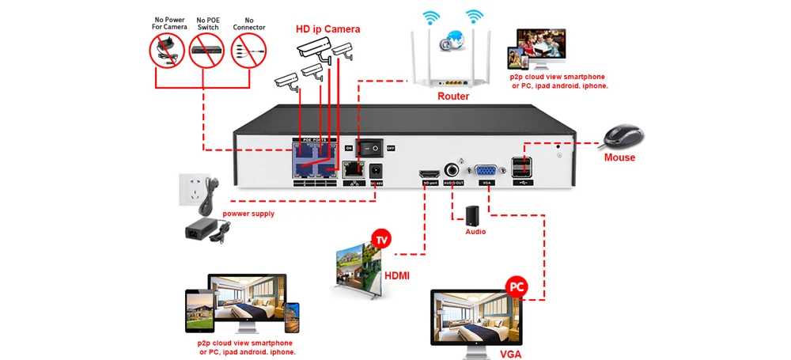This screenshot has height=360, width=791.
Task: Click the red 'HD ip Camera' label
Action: [x=327, y=29]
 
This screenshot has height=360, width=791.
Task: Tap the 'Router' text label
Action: [x=453, y=97]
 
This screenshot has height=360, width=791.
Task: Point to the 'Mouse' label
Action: [x=619, y=157]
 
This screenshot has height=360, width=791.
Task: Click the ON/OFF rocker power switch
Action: [x=369, y=147]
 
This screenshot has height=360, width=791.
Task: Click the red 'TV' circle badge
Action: [x=382, y=238]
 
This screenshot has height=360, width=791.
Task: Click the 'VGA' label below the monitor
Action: [x=510, y=354]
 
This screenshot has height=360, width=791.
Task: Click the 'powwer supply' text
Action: [x=248, y=214]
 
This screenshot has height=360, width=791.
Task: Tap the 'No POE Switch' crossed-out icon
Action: [x=206, y=49]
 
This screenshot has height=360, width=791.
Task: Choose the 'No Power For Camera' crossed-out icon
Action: [x=167, y=49]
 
